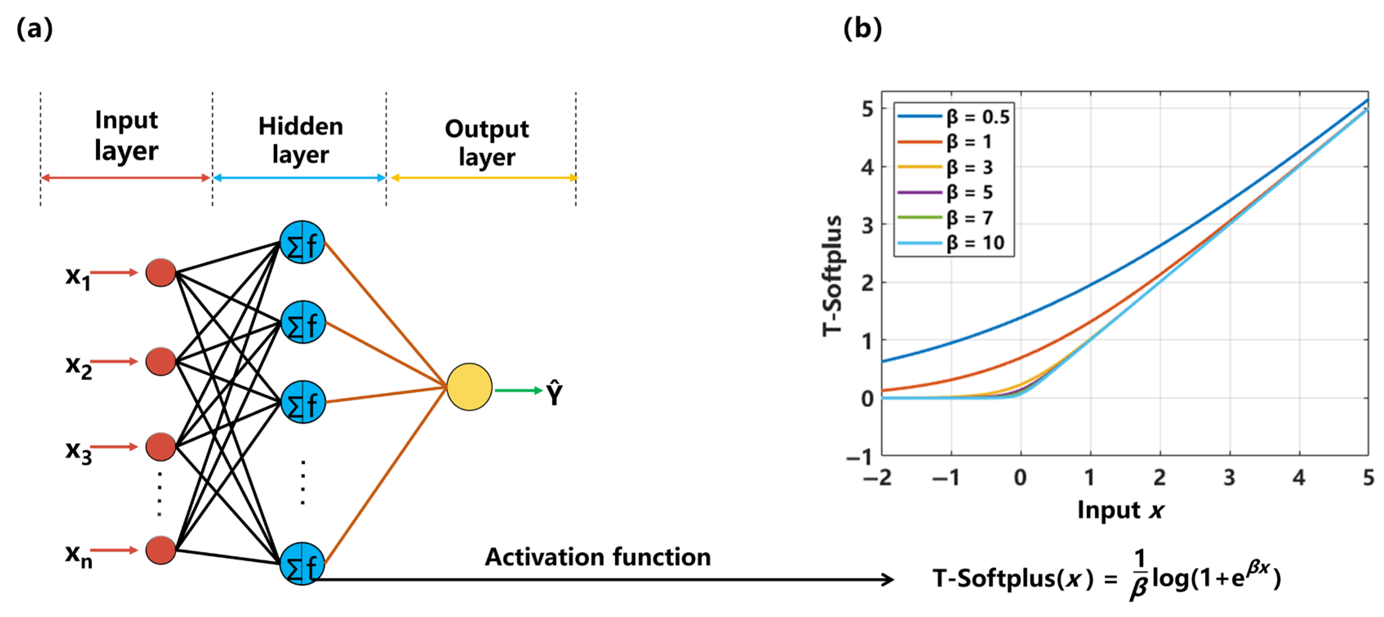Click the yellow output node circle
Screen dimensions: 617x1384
(x=469, y=387)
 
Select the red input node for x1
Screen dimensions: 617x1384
(x=160, y=272)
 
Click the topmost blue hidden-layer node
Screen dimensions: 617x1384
(x=302, y=243)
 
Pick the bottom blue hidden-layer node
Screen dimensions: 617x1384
(x=302, y=563)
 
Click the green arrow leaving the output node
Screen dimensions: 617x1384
(x=518, y=390)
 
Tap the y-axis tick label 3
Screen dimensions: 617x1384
(x=867, y=225)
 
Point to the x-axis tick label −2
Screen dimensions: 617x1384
(x=878, y=477)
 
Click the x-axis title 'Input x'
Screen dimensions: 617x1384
(x=1120, y=510)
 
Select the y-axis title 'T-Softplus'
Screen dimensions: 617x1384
(x=832, y=276)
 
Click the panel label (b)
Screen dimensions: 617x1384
(x=862, y=28)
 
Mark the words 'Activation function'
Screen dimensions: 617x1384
(x=597, y=557)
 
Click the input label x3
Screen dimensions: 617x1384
(x=78, y=450)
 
